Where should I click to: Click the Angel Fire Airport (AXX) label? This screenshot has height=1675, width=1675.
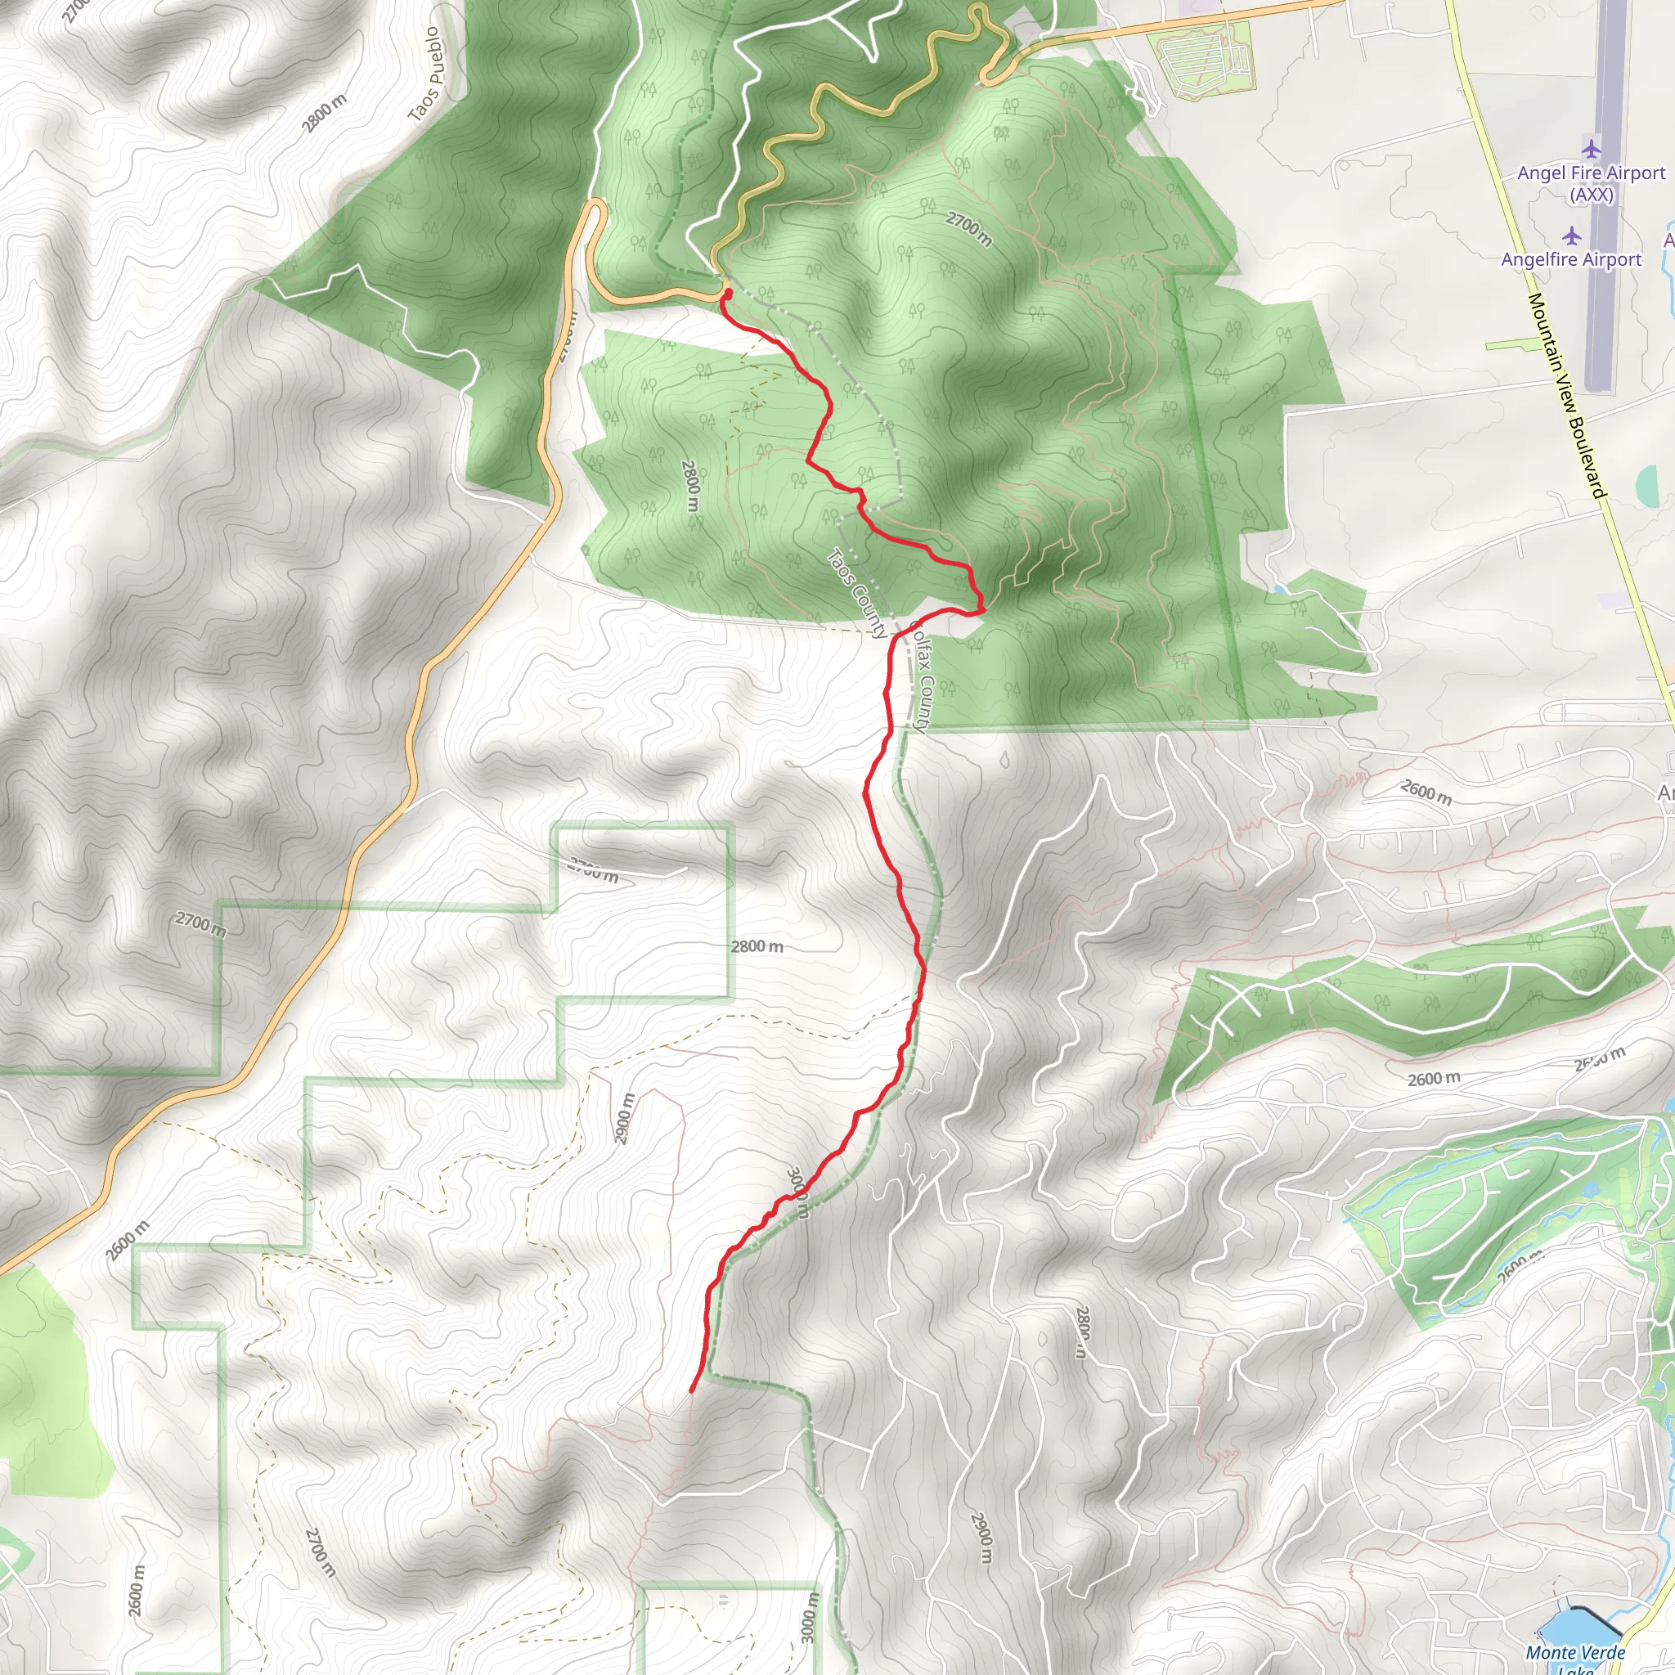[1591, 183]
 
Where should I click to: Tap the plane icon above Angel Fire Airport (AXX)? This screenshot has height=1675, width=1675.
[1590, 148]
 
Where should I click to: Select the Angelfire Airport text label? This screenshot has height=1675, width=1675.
[1571, 259]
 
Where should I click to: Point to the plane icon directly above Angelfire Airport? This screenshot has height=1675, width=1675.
[1571, 235]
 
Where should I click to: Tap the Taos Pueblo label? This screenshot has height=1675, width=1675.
[424, 74]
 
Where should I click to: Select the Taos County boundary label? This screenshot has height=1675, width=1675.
[857, 593]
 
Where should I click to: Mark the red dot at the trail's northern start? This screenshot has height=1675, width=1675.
[725, 294]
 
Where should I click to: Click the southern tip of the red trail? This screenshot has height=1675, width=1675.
[691, 1391]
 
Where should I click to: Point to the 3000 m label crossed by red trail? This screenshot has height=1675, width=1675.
[797, 1193]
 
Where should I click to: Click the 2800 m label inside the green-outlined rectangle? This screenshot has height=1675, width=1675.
[757, 946]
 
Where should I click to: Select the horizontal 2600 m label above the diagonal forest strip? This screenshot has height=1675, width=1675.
[1433, 1079]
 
